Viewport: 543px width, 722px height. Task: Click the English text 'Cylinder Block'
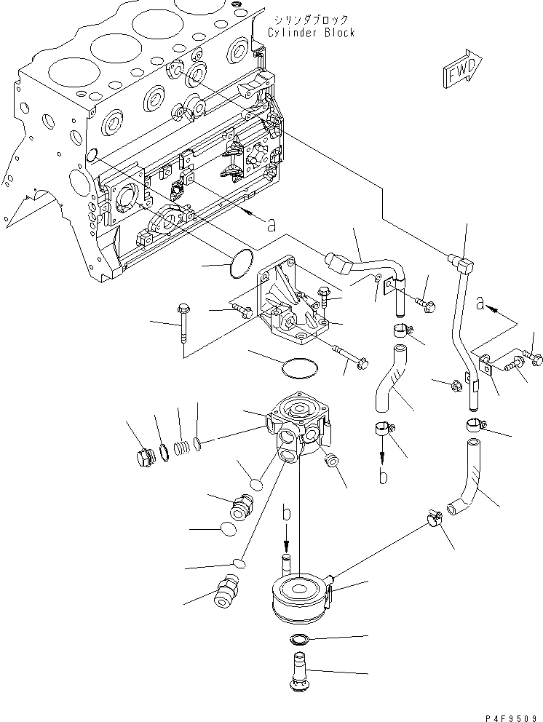pyautogui.click(x=311, y=33)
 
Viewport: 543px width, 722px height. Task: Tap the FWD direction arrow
pyautogui.click(x=461, y=68)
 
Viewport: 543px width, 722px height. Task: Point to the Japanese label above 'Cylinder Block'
pyautogui.click(x=310, y=20)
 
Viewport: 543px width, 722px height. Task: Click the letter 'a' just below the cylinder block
pyautogui.click(x=271, y=226)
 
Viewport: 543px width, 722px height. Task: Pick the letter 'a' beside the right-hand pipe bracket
pyautogui.click(x=480, y=304)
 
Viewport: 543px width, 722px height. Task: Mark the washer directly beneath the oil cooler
pyautogui.click(x=298, y=640)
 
